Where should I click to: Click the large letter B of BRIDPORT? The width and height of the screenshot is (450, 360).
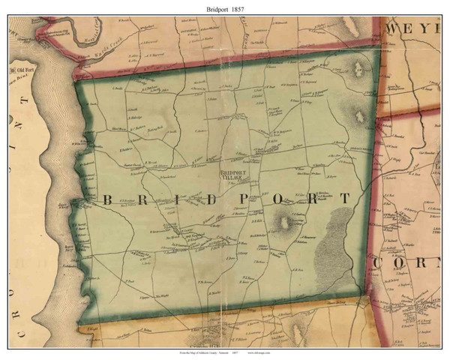click(104, 199)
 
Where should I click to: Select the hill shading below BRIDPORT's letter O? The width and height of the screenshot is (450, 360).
click(283, 222)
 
